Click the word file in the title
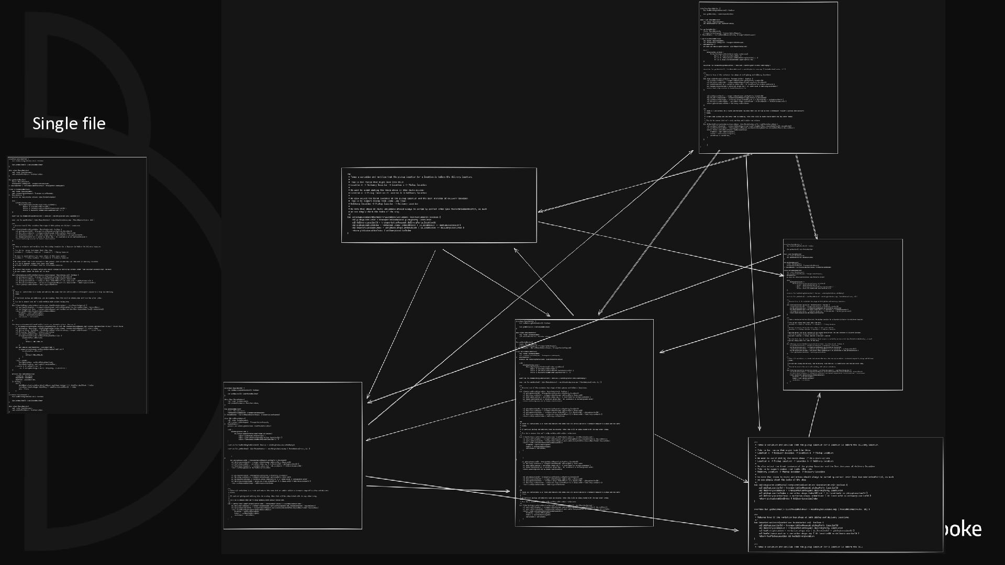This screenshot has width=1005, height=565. point(91,123)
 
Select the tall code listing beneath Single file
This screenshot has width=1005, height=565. point(77,285)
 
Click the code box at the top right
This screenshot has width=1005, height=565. point(768,77)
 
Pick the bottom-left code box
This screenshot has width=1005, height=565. point(293,455)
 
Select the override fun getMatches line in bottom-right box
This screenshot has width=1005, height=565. point(811,509)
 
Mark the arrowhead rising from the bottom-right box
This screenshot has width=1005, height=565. point(819,395)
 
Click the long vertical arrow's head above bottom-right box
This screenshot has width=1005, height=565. point(760,430)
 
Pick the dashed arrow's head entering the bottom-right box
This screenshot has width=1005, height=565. point(747,482)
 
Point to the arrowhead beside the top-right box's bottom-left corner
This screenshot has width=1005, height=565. point(693,152)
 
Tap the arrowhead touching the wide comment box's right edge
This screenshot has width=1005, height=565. point(539,211)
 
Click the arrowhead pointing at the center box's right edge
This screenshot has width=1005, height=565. point(661,352)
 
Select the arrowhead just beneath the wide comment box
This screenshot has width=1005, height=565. point(515,250)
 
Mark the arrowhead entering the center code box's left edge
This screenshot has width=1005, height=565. point(509,491)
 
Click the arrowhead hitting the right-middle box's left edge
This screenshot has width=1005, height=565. point(782,275)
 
